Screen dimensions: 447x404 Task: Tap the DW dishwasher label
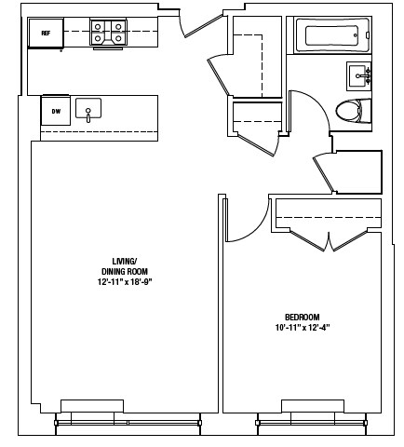56,112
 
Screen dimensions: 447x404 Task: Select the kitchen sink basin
88,109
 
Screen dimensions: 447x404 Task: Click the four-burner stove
109,34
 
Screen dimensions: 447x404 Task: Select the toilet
349,111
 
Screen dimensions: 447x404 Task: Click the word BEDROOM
303,317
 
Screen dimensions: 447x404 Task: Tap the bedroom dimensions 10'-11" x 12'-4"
303,327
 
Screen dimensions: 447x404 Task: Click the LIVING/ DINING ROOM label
124,265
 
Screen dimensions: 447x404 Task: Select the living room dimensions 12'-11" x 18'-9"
124,280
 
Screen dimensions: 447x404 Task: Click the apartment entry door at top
202,23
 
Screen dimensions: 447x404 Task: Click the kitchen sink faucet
88,115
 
